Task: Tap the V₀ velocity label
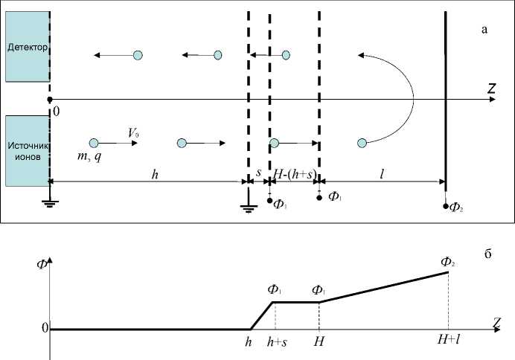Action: pos(133,132)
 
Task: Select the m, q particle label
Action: pos(89,157)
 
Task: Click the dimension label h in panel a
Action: pos(155,173)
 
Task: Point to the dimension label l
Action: pos(382,173)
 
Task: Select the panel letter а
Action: pos(485,30)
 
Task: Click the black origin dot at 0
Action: pos(49,100)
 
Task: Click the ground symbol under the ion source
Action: pos(49,202)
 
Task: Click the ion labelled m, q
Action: pos(94,143)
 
